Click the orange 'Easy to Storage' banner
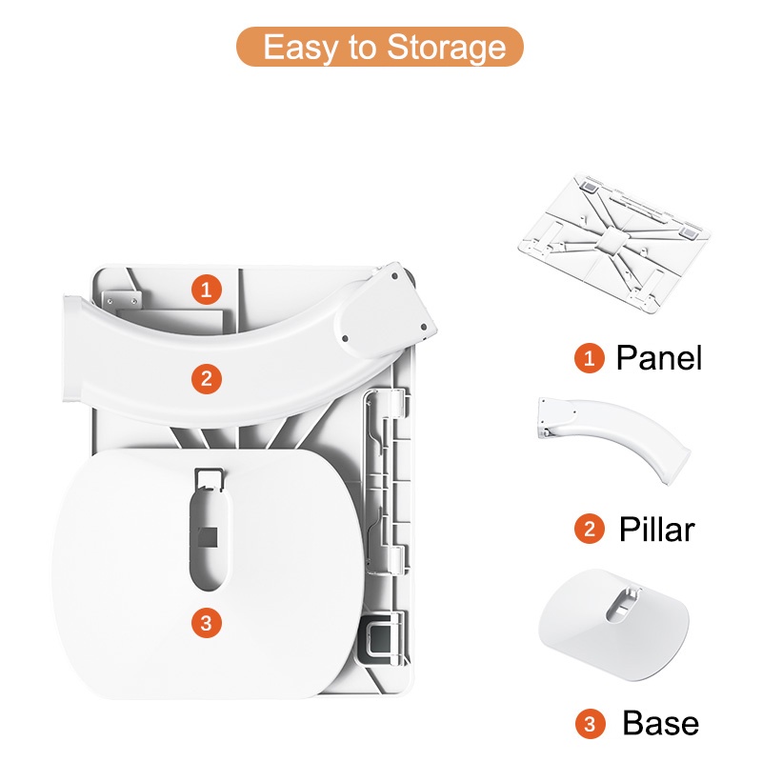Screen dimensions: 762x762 (x=379, y=47)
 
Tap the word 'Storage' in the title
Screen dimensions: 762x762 (x=446, y=48)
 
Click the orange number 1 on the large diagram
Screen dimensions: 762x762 (x=207, y=291)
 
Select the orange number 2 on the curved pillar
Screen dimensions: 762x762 (x=207, y=379)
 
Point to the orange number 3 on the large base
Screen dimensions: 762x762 (x=207, y=623)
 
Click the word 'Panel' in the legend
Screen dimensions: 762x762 (x=659, y=358)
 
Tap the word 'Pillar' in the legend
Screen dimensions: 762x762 (x=656, y=529)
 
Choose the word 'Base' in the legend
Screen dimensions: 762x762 (x=660, y=723)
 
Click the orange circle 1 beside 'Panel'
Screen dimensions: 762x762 (x=590, y=358)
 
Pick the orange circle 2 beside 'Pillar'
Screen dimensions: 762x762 (x=590, y=529)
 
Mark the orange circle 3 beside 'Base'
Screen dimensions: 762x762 (x=590, y=724)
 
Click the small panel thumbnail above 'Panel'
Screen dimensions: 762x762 (x=614, y=243)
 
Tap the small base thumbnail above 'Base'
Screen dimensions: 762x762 (x=613, y=625)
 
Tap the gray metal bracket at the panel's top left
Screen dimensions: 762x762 (x=122, y=300)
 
